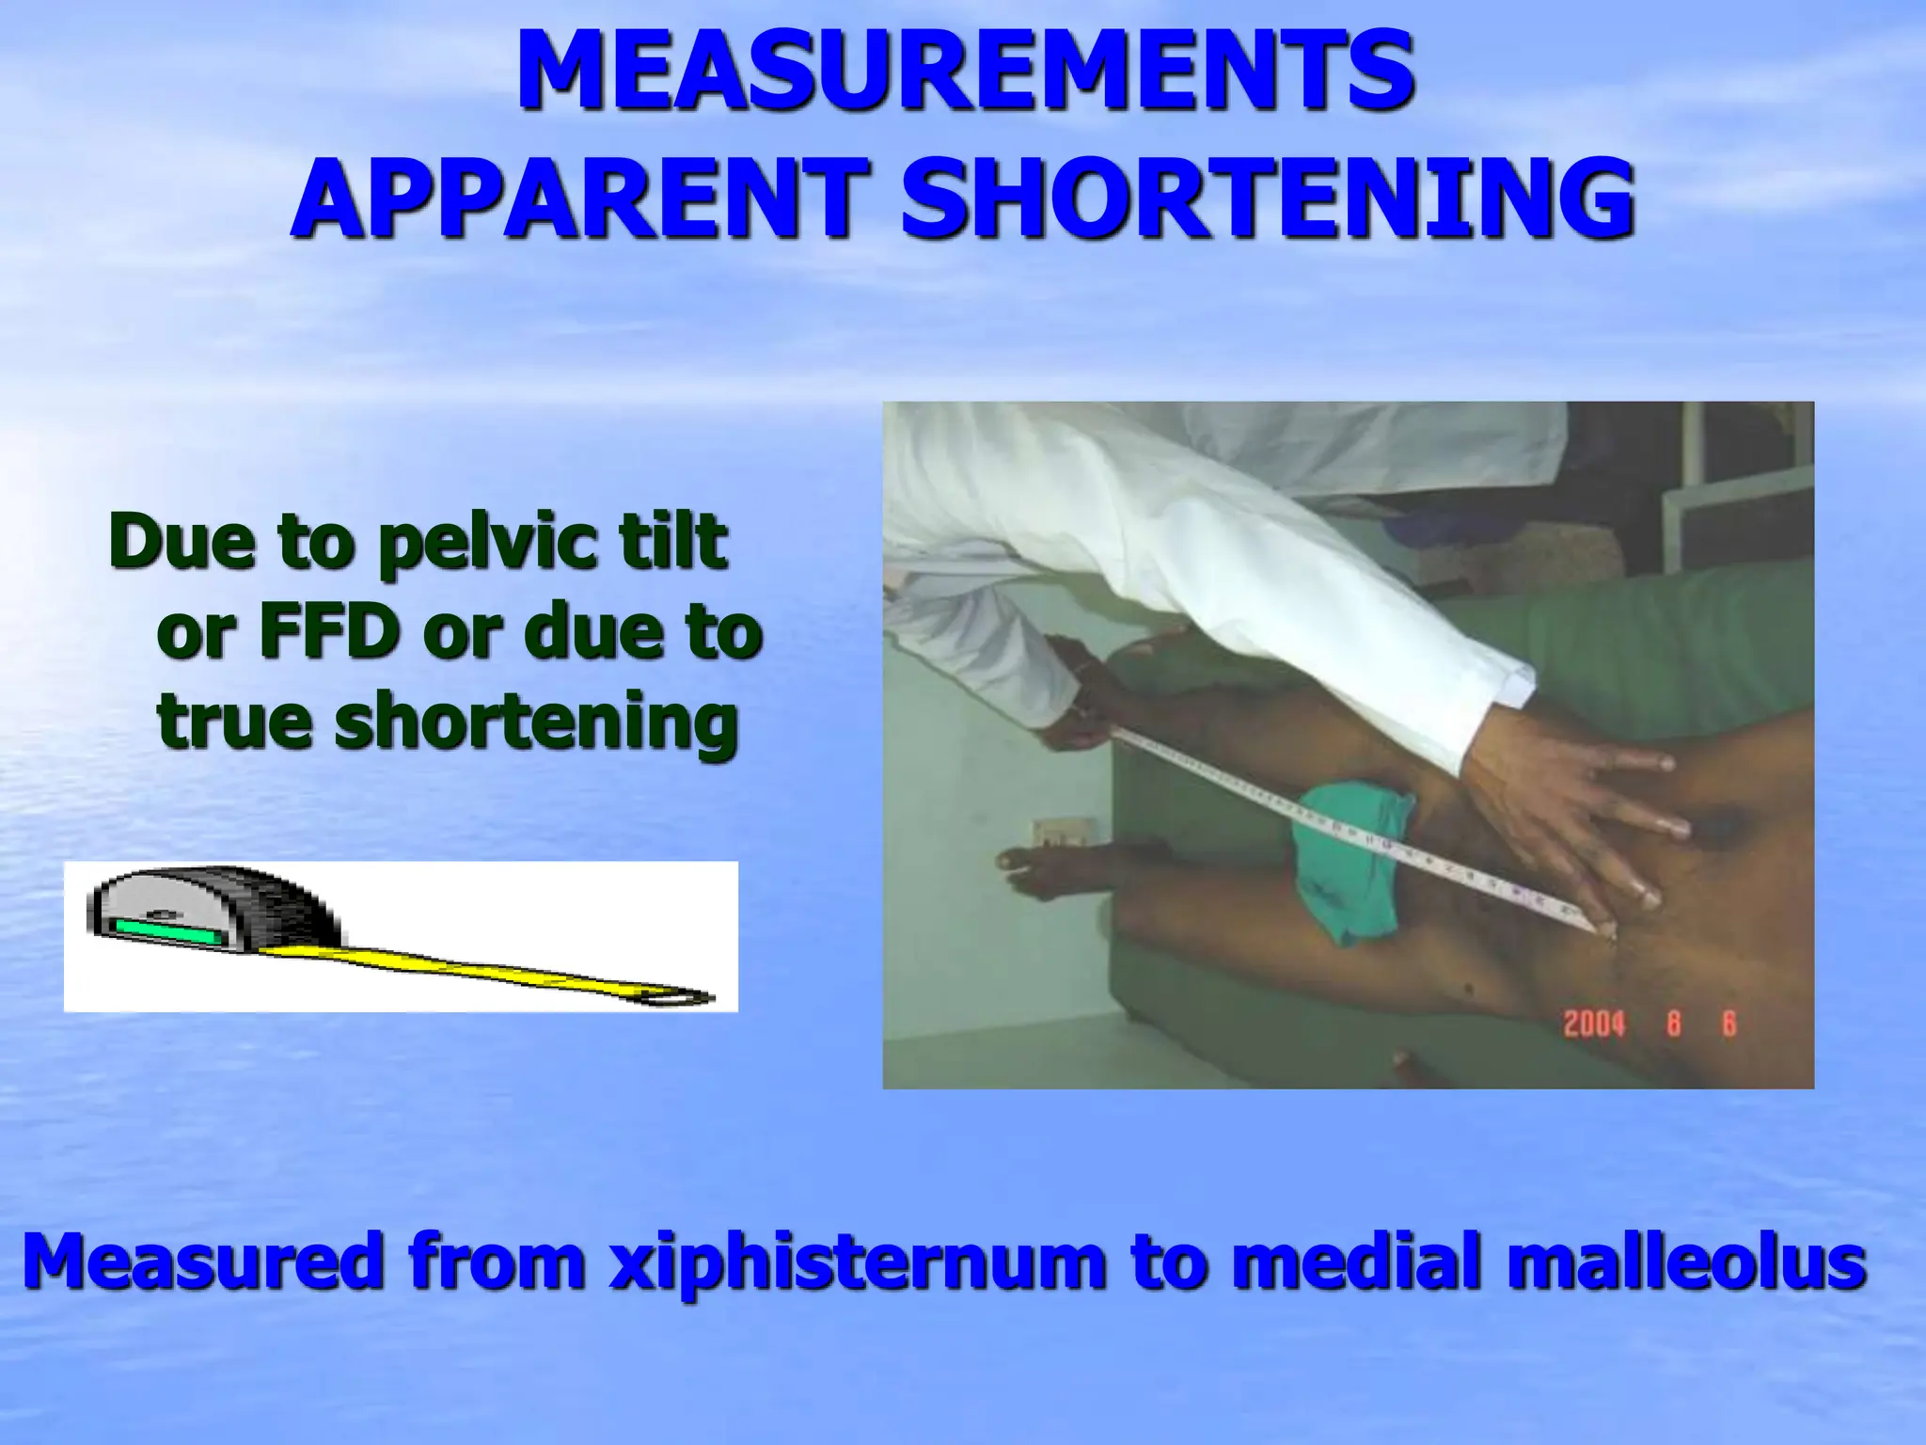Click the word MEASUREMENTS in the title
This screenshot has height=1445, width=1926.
tap(965, 72)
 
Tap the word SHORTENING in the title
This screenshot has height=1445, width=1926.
tap(1268, 198)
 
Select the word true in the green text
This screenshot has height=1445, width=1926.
tap(234, 721)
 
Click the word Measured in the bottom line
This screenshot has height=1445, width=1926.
tap(202, 1262)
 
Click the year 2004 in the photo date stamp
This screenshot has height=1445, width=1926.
tap(1594, 1024)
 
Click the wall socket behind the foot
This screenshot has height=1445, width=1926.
tap(1064, 833)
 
